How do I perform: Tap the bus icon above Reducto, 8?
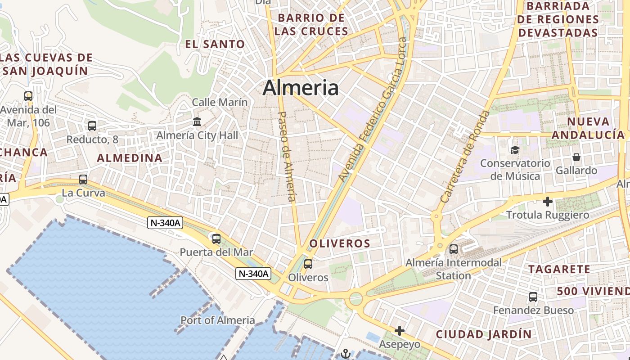[92, 126]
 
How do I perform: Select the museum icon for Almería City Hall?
[197, 121]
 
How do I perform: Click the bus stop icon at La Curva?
[83, 180]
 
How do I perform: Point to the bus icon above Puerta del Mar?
[216, 238]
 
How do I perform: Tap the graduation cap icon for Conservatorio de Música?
[514, 150]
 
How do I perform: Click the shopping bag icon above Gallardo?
[576, 157]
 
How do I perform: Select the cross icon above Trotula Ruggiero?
[547, 202]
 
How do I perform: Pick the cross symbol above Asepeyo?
[399, 331]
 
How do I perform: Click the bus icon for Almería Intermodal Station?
[454, 249]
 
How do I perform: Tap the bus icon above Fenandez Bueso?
[533, 297]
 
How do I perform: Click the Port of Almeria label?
[218, 320]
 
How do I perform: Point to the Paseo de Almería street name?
[287, 156]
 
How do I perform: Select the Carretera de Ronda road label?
[464, 156]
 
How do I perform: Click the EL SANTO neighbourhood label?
[215, 44]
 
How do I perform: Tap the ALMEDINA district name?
[130, 158]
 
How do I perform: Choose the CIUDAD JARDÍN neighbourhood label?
[484, 334]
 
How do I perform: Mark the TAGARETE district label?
[559, 269]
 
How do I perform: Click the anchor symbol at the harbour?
[346, 353]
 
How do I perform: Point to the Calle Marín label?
[220, 102]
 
